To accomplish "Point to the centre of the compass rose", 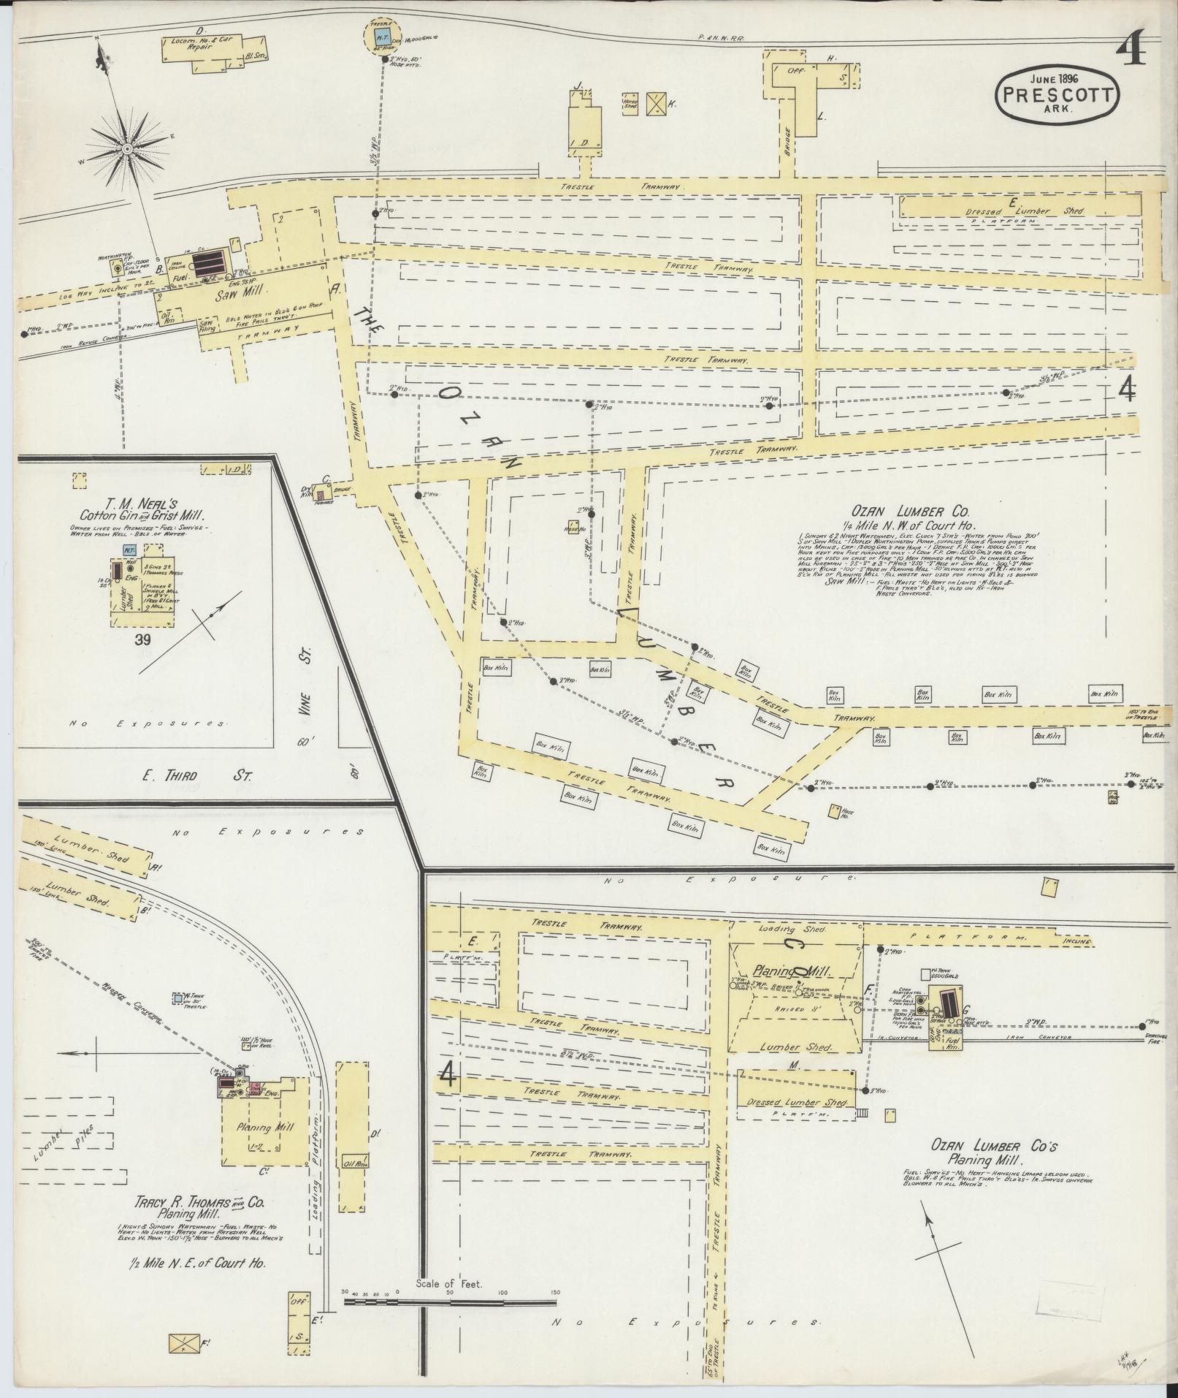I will tap(127, 148).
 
